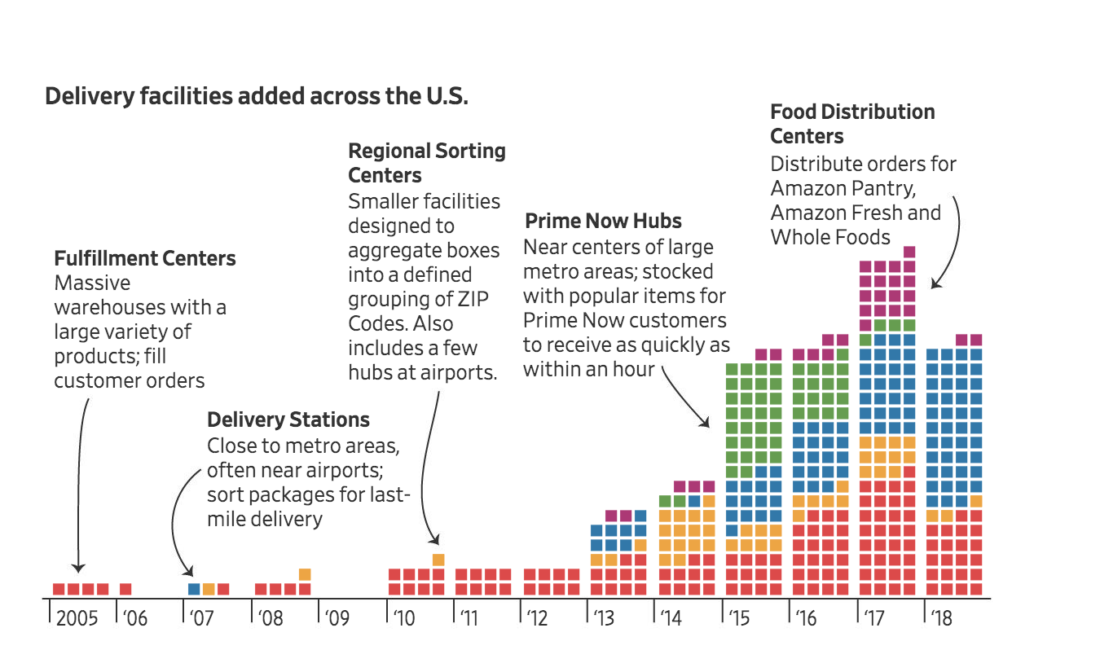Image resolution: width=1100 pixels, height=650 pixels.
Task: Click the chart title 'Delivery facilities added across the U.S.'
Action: coord(257,96)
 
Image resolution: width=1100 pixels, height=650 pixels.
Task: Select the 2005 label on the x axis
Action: coord(77,618)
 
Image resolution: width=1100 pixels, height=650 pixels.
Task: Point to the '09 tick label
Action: coord(337,618)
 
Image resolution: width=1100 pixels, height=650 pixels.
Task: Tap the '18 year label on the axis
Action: coord(940,618)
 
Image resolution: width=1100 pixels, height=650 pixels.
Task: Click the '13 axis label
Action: coord(604,618)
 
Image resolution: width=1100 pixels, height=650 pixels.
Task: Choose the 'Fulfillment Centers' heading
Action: coord(145,259)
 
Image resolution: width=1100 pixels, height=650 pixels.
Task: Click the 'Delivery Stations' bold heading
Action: coord(288,420)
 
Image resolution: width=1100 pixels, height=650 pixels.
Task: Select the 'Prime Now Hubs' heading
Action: coord(604,221)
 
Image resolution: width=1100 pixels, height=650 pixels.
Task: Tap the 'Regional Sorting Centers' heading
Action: coord(427,163)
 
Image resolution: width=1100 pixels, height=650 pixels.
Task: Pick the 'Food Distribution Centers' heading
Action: coord(852,124)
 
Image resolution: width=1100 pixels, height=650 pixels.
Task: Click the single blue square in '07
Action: coord(194,589)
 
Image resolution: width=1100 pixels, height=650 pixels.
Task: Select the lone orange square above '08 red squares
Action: coord(305,574)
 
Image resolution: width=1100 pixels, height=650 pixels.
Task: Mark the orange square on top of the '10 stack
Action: coord(438,560)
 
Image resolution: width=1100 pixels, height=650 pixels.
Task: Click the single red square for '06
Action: coord(125,589)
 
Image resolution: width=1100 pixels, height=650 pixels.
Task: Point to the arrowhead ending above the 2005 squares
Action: coord(78,569)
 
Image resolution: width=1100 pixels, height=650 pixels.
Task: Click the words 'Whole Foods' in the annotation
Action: coord(830,237)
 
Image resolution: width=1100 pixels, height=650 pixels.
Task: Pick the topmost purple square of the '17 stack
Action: coord(909,252)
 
